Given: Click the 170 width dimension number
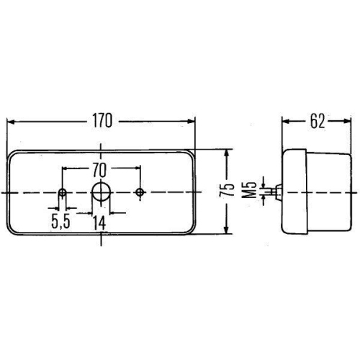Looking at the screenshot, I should (x=102, y=120).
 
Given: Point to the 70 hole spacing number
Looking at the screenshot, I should (x=101, y=170).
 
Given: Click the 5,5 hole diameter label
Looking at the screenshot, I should (x=60, y=222).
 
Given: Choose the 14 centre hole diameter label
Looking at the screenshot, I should (x=101, y=222).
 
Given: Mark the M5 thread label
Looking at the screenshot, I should (x=248, y=190).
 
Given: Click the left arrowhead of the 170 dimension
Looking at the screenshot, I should (x=11, y=121).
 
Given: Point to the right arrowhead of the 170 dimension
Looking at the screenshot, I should (x=192, y=121).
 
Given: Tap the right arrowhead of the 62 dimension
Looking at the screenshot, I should (x=346, y=121).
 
